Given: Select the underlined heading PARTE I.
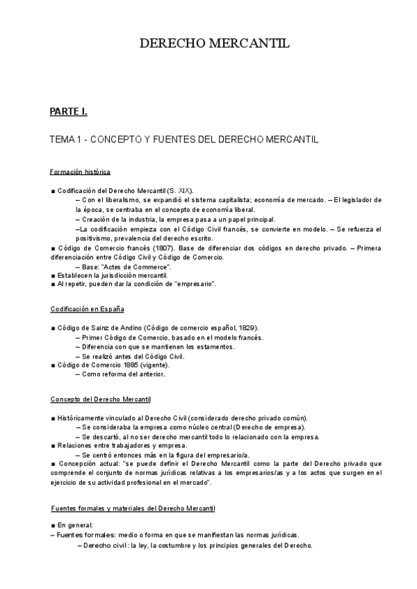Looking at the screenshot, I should tap(68, 111).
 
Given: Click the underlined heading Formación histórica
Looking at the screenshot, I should tap(81, 172).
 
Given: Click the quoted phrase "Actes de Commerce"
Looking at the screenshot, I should tap(137, 266).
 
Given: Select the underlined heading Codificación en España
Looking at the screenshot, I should tap(88, 308).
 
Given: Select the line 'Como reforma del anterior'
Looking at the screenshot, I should tap(123, 374).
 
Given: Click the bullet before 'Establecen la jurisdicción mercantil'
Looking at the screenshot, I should tap(53, 275).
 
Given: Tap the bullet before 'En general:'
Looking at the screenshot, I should tap(53, 526).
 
